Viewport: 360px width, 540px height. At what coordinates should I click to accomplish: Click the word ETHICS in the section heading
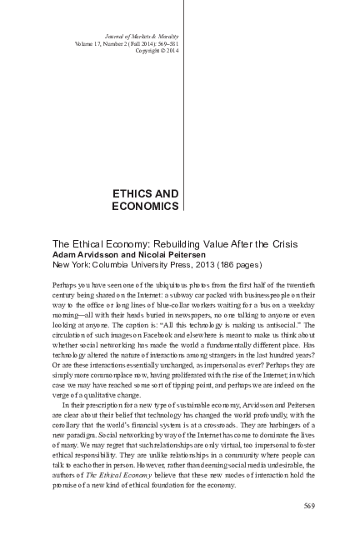point(132,192)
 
